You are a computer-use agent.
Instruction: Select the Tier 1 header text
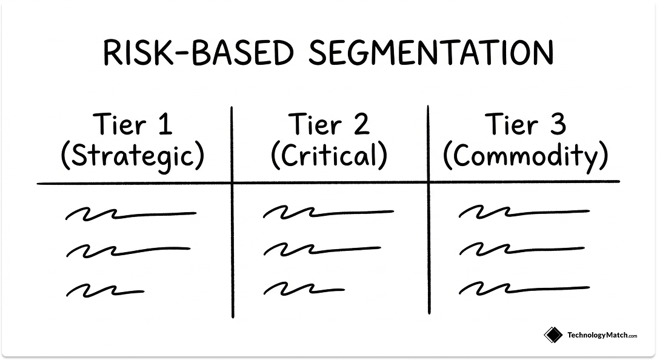pyautogui.click(x=133, y=125)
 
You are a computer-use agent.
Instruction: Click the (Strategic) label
pyautogui.click(x=133, y=156)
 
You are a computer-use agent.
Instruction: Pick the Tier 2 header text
pyautogui.click(x=328, y=125)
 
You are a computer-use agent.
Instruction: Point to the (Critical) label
pyautogui.click(x=328, y=156)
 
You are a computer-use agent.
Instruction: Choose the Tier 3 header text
pyautogui.click(x=525, y=125)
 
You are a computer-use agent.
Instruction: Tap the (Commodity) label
pyautogui.click(x=525, y=156)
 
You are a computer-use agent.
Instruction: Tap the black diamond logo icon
pyautogui.click(x=553, y=335)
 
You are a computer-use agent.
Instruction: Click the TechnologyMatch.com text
pyautogui.click(x=601, y=335)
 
